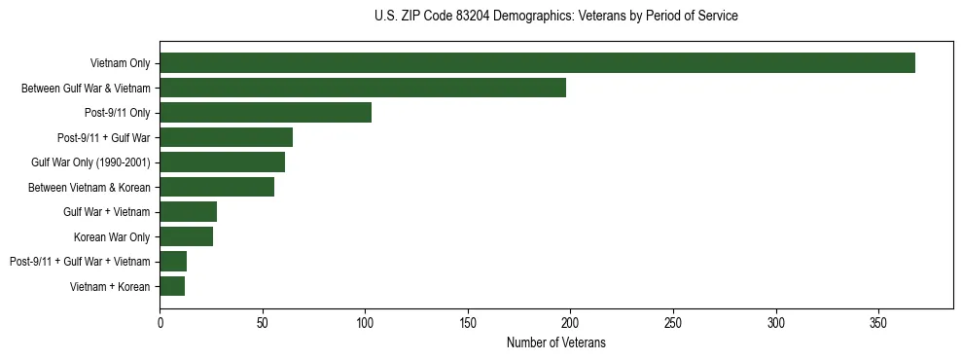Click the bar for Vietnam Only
pyautogui.click(x=537, y=63)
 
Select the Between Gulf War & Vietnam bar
pyautogui.click(x=363, y=88)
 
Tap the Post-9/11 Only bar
pyautogui.click(x=266, y=113)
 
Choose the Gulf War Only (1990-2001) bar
pyautogui.click(x=222, y=162)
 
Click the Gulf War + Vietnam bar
pyautogui.click(x=188, y=212)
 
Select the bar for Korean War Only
pyautogui.click(x=186, y=236)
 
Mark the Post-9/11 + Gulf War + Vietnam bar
pyautogui.click(x=173, y=262)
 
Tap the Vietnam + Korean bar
pyautogui.click(x=172, y=286)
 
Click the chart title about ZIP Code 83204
pyautogui.click(x=555, y=17)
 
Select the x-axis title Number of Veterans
pyautogui.click(x=555, y=342)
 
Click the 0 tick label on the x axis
pyautogui.click(x=160, y=322)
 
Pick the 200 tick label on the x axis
pyautogui.click(x=570, y=322)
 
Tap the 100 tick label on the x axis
pyautogui.click(x=365, y=322)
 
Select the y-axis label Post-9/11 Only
pyautogui.click(x=117, y=113)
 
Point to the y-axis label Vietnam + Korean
pyautogui.click(x=111, y=286)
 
